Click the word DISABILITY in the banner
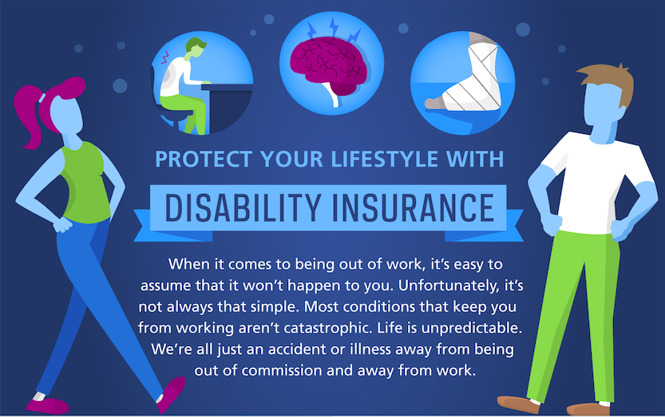(x=242, y=207)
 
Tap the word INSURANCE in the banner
(x=414, y=207)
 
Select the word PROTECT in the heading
(x=204, y=159)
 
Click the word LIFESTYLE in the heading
(x=384, y=159)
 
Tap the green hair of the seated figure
(x=195, y=44)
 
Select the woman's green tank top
(x=85, y=183)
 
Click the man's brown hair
(x=611, y=83)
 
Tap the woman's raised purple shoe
(x=171, y=393)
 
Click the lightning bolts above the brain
(x=333, y=30)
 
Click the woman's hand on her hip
(x=63, y=225)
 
